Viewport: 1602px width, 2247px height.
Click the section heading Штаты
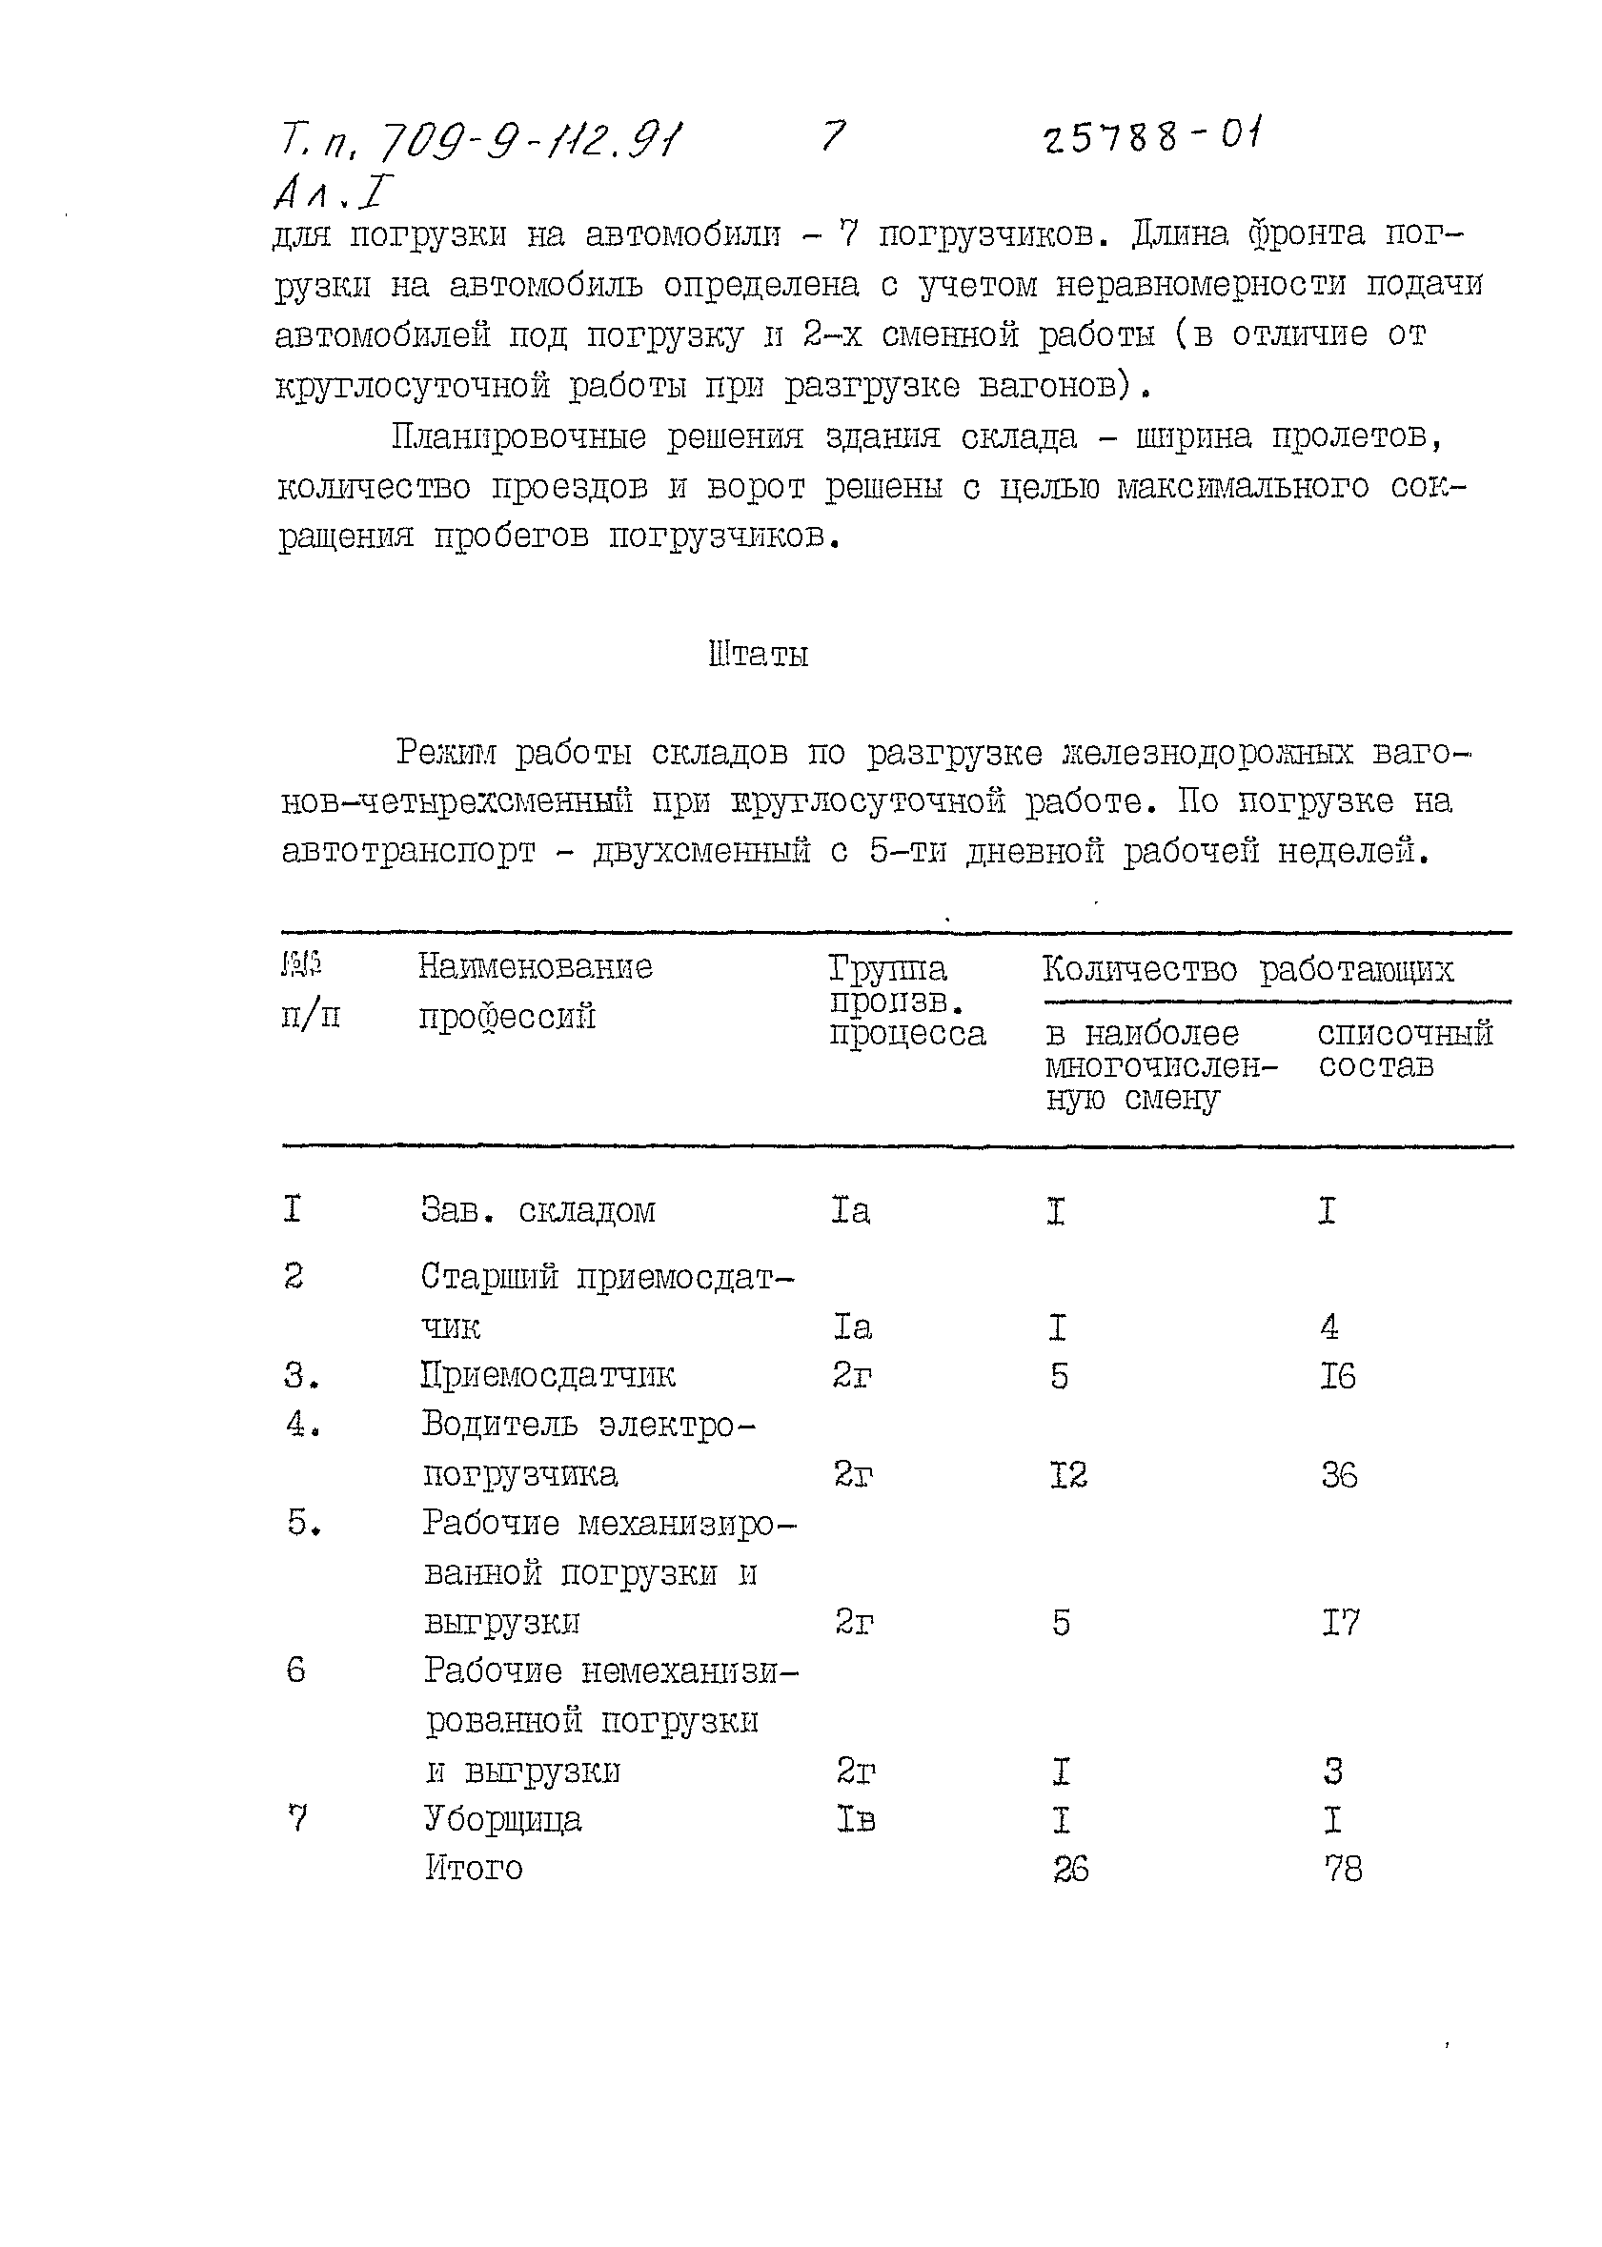pos(759,656)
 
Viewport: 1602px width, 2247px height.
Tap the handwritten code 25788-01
pos(1153,136)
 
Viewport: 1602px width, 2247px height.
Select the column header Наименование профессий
pos(535,991)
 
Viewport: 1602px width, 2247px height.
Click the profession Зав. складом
pos(537,1210)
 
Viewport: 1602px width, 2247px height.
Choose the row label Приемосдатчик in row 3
pos(547,1375)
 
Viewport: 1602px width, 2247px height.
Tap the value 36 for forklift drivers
pos(1339,1476)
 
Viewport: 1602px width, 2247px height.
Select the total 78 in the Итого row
pos(1343,1870)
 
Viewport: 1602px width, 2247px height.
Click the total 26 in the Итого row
pos(1070,1870)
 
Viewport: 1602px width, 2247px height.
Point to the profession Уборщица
pos(503,1819)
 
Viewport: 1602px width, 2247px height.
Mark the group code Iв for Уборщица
pos(854,1819)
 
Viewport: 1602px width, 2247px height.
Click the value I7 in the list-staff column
pos(1340,1623)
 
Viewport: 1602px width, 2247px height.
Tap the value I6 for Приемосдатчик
pos(1338,1376)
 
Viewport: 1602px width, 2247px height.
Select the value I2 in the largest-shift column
pos(1068,1476)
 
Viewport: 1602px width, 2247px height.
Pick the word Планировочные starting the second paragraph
pos(517,437)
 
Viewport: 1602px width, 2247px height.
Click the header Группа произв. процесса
pos(905,1002)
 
